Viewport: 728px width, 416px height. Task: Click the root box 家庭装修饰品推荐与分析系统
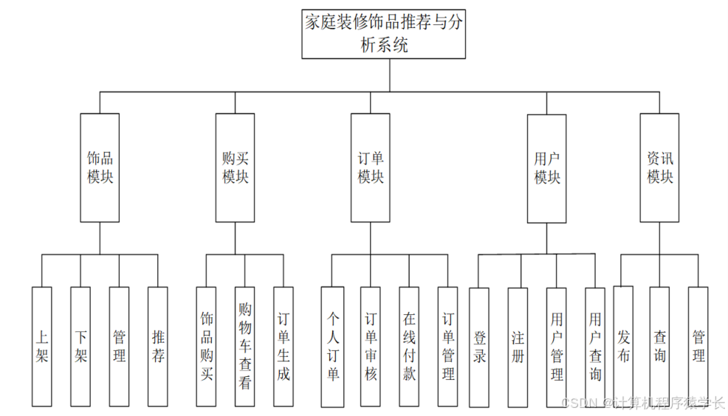point(384,34)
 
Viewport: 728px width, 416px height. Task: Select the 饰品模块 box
point(100,167)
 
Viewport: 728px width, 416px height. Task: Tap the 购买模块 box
point(236,167)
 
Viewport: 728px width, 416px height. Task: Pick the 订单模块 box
point(371,167)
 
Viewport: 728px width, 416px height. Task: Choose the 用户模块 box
point(547,167)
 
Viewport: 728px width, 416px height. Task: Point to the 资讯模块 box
point(660,167)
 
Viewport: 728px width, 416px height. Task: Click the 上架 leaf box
point(42,347)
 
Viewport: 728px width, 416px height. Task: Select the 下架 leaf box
point(80,347)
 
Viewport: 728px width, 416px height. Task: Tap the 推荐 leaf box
point(158,347)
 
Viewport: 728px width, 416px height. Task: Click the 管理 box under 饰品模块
point(119,347)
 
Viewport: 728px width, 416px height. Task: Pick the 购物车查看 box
point(245,347)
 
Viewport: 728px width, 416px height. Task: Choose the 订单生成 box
point(284,347)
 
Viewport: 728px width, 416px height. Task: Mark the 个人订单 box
point(332,347)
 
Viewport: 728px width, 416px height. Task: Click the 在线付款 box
point(409,347)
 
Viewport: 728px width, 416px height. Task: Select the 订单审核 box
point(371,347)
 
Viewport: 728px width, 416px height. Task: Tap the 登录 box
point(479,347)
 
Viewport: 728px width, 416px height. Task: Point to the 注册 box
point(518,347)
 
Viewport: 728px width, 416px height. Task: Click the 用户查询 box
point(595,347)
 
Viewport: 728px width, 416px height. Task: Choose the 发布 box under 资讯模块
point(623,347)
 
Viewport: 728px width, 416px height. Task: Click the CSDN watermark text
point(642,403)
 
